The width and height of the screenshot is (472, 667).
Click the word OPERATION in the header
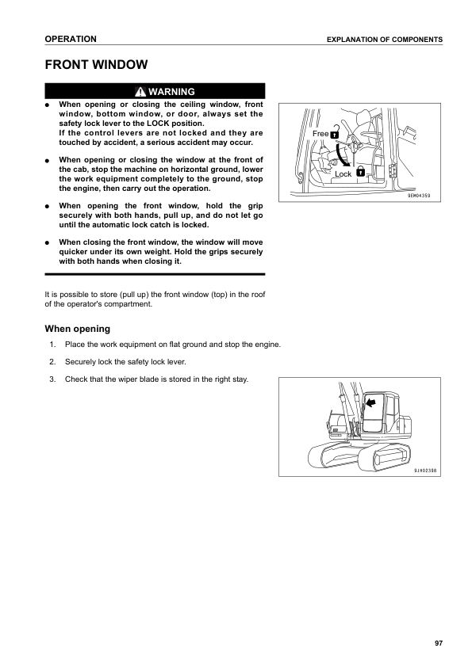pyautogui.click(x=71, y=39)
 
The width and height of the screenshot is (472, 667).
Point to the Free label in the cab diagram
pyautogui.click(x=320, y=134)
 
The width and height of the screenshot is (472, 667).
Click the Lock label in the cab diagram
pyautogui.click(x=343, y=173)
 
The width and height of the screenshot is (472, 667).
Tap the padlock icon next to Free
pyautogui.click(x=334, y=133)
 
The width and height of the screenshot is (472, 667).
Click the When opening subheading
pyautogui.click(x=77, y=329)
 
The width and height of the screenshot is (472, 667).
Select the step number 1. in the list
pyautogui.click(x=52, y=345)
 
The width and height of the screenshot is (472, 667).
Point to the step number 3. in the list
pyautogui.click(x=52, y=379)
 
